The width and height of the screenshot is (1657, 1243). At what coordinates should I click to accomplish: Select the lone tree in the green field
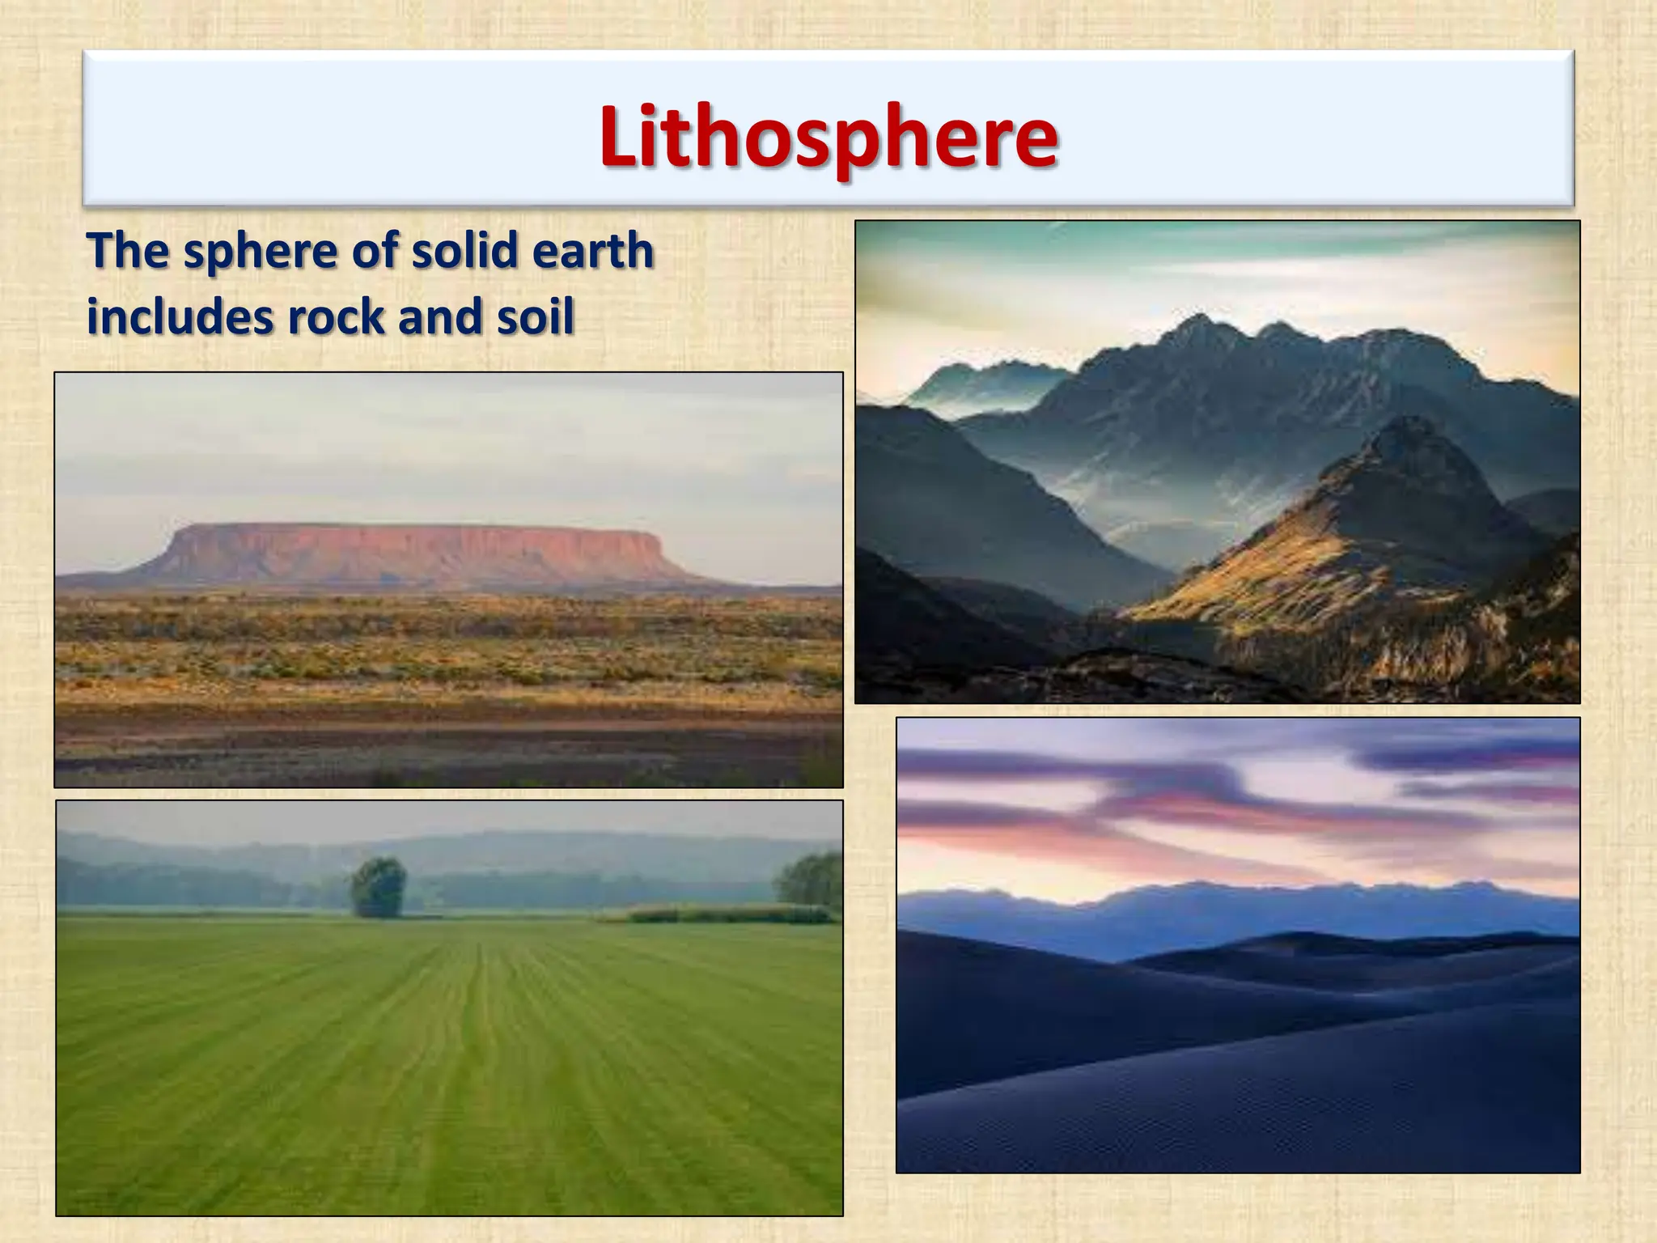378,887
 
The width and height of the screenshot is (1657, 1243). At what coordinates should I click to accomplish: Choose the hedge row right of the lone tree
720,914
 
